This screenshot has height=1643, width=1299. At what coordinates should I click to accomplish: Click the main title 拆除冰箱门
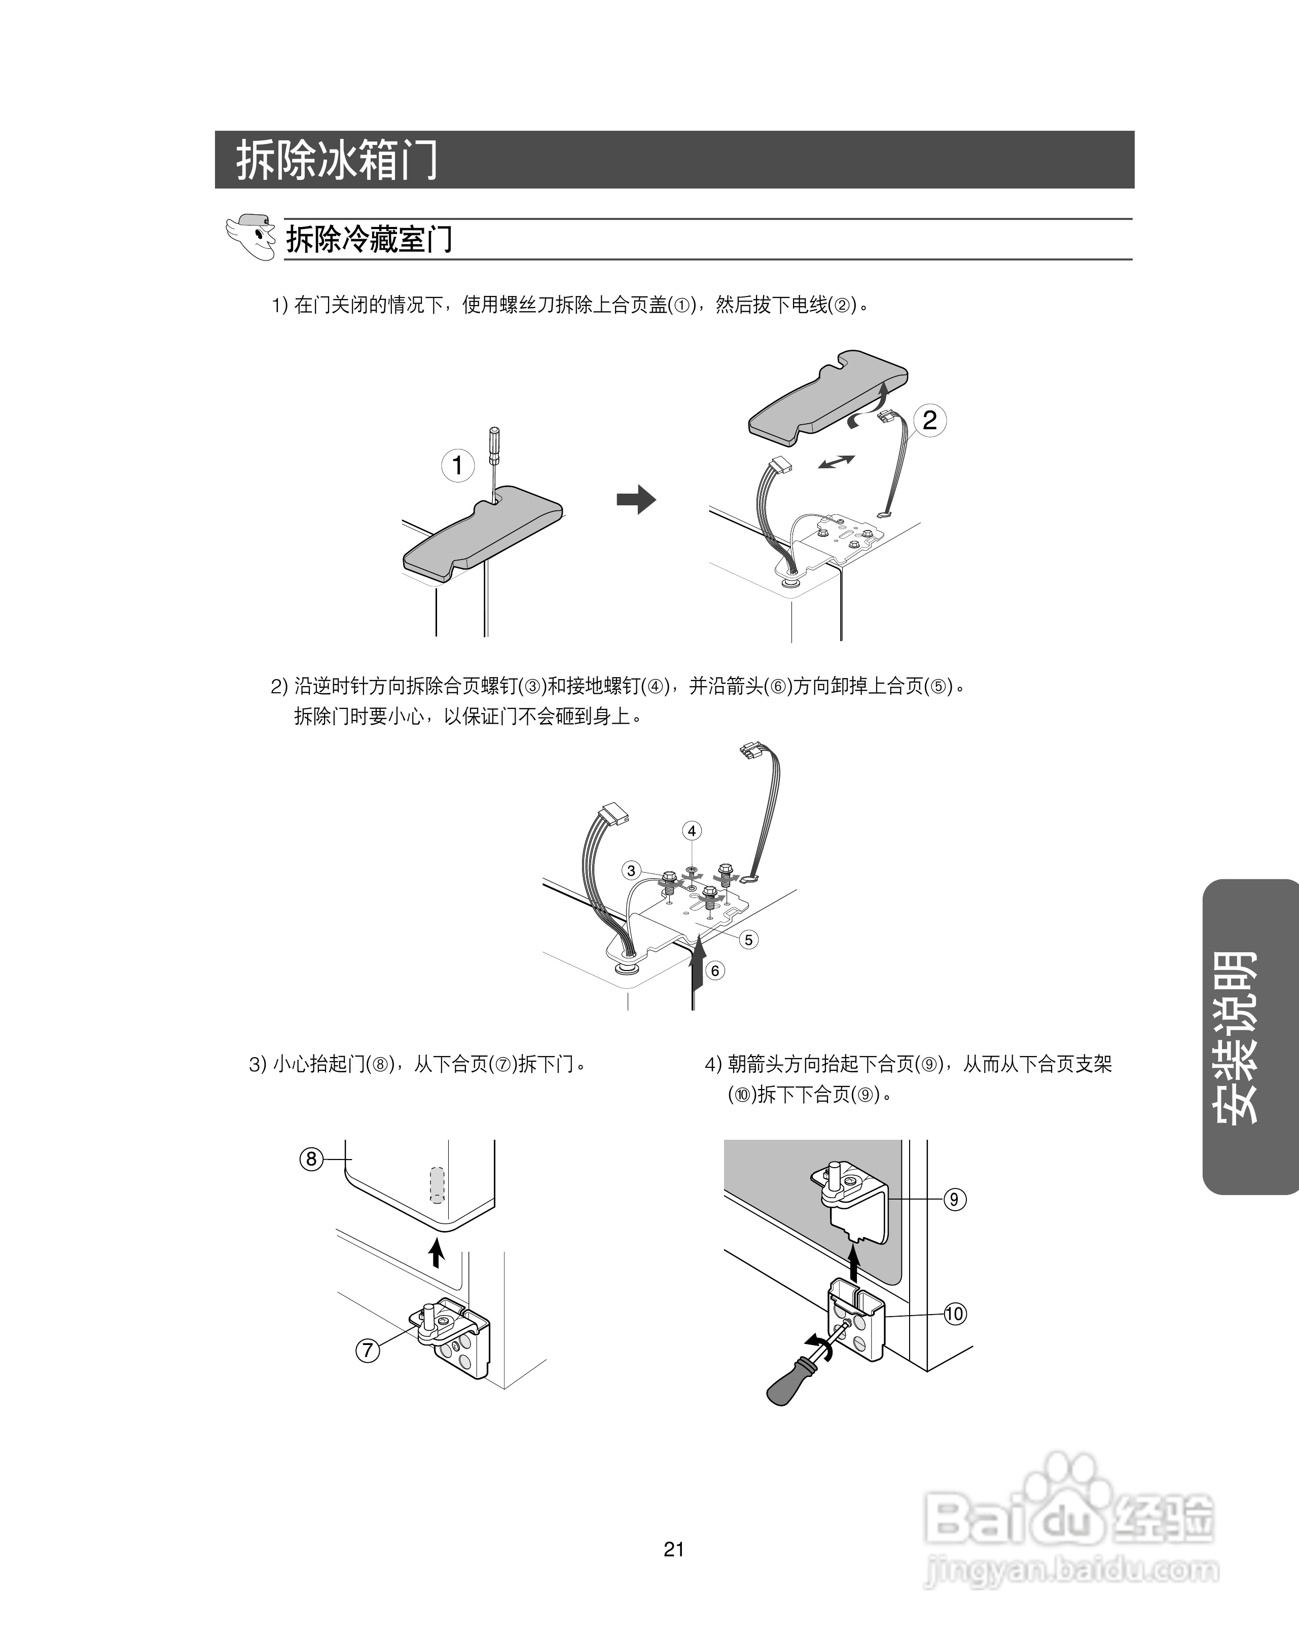point(336,160)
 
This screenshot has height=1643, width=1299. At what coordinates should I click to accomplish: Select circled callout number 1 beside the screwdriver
point(458,465)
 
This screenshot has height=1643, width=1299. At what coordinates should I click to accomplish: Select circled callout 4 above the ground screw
point(692,831)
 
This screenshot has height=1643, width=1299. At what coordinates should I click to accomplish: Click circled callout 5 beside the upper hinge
point(748,940)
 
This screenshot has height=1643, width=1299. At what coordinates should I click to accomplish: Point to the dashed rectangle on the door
point(437,1184)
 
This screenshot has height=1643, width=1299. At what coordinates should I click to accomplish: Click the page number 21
point(674,1549)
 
